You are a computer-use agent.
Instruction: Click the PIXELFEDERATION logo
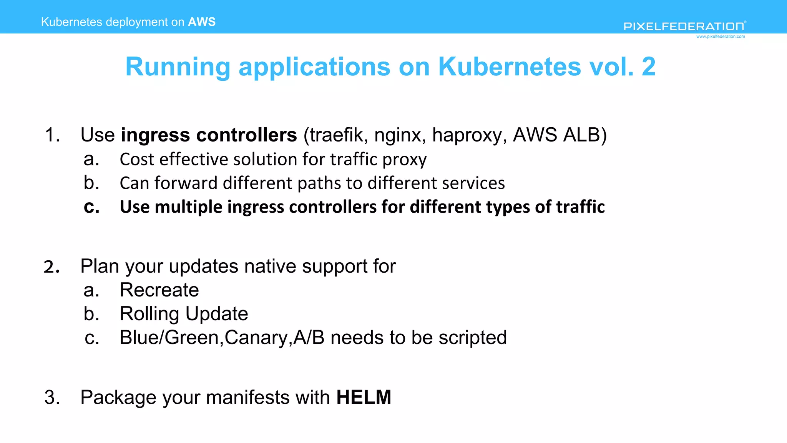click(x=684, y=26)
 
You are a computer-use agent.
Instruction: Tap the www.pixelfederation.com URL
click(x=721, y=37)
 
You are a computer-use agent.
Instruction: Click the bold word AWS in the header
click(x=202, y=22)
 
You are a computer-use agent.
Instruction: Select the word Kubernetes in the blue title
click(x=510, y=67)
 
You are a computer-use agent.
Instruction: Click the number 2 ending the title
click(x=649, y=67)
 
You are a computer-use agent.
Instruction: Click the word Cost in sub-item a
click(x=137, y=159)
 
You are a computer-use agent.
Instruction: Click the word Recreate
click(x=159, y=290)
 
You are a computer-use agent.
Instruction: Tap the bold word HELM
click(x=364, y=397)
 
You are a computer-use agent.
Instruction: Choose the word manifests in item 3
click(x=249, y=397)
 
